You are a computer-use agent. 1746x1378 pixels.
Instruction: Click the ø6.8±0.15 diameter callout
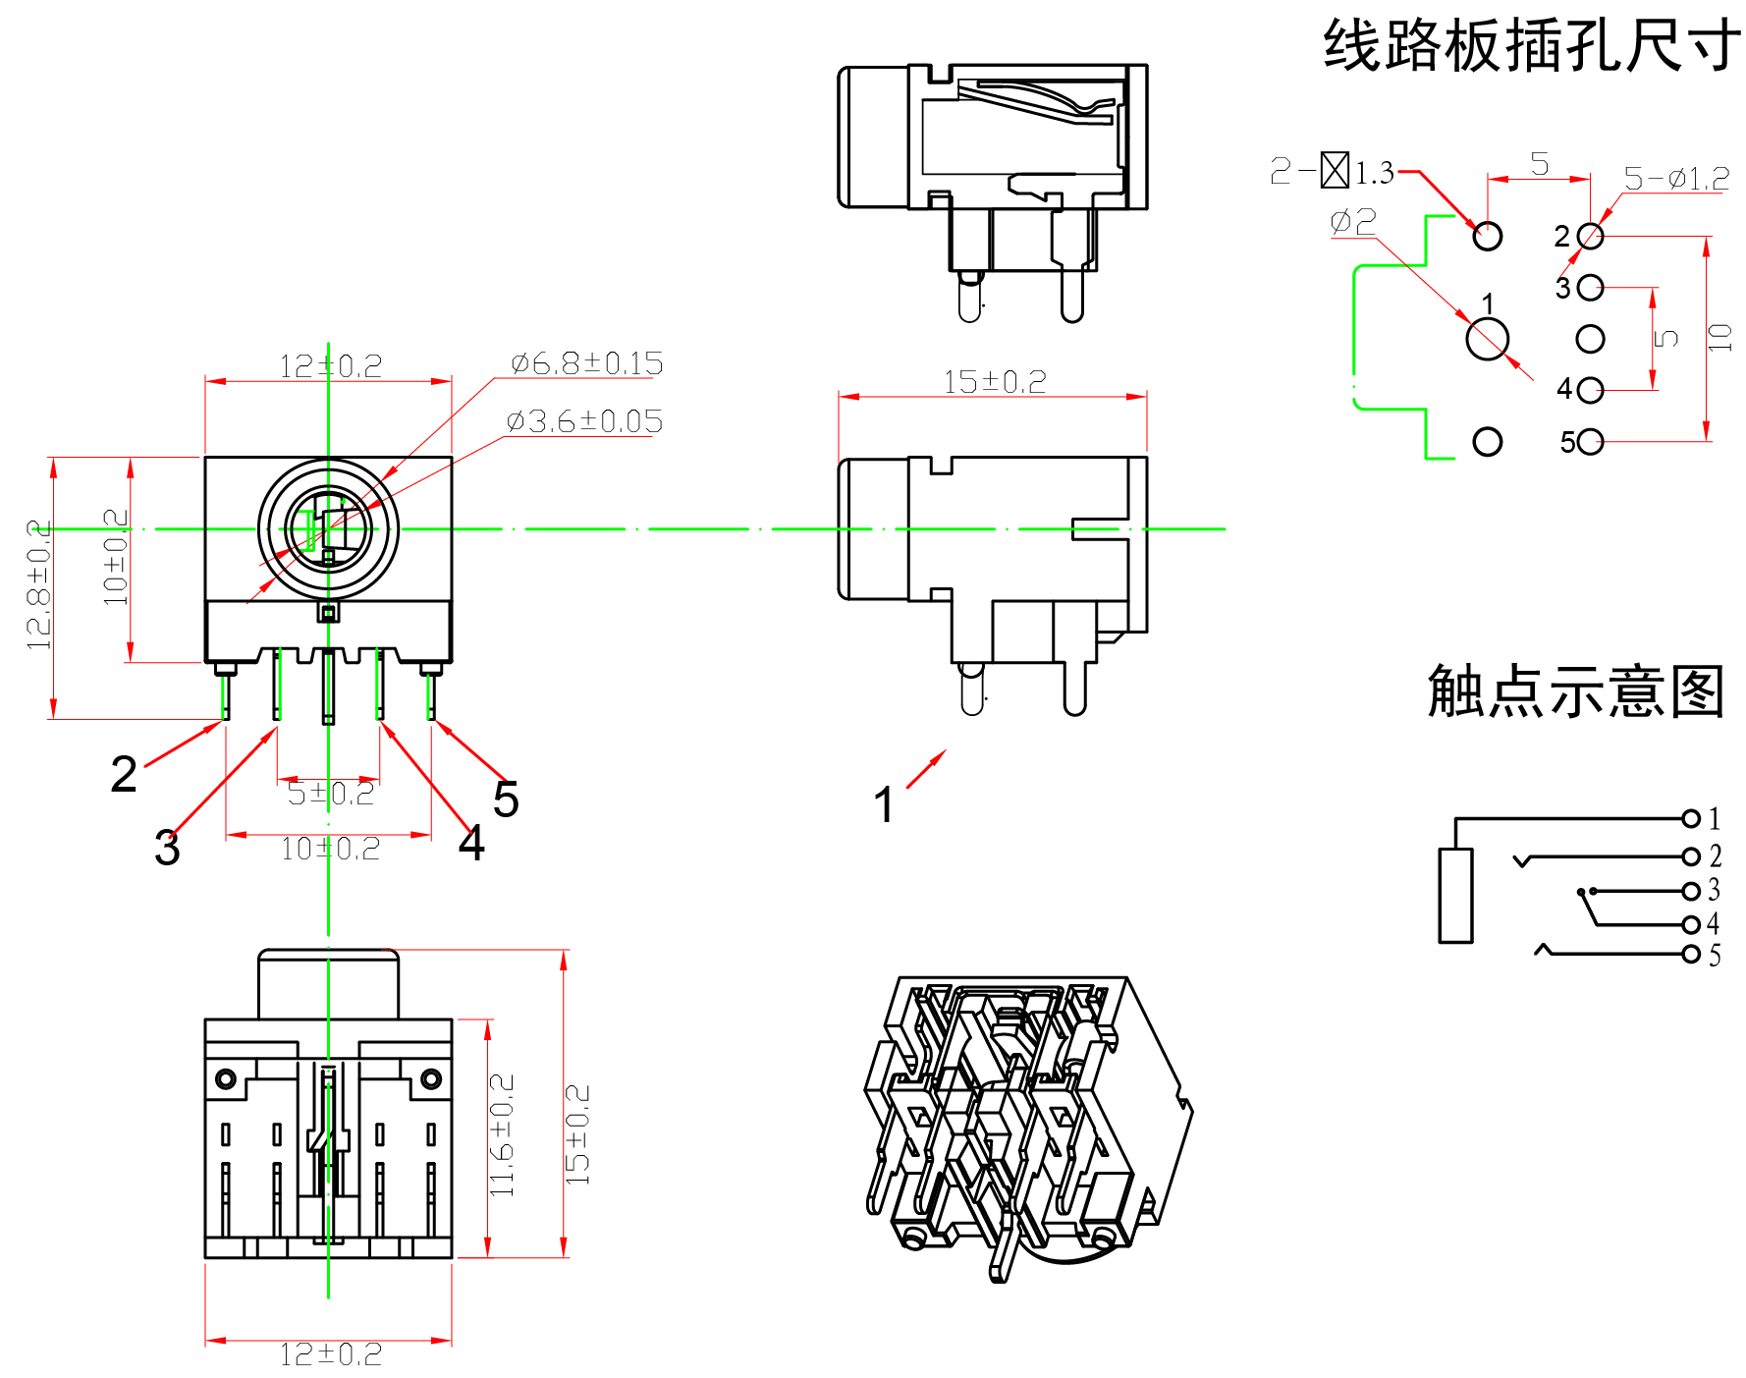[586, 363]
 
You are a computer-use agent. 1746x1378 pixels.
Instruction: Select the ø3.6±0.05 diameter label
[584, 421]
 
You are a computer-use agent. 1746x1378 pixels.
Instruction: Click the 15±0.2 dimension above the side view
[994, 382]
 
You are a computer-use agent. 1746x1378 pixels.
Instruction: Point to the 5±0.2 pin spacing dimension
[330, 794]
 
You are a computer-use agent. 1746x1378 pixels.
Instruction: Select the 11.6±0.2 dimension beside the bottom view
[501, 1134]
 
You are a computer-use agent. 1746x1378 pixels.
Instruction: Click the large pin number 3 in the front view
[167, 848]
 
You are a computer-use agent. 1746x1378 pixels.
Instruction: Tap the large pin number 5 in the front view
[506, 799]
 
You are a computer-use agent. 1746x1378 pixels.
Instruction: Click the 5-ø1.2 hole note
[1675, 179]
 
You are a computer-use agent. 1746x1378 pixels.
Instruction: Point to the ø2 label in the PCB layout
[1352, 221]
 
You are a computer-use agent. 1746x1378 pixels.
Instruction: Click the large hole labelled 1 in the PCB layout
[1487, 340]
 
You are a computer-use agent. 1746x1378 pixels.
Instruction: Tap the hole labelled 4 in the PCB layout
[1591, 390]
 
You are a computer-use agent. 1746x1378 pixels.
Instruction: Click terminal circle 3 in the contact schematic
[1691, 892]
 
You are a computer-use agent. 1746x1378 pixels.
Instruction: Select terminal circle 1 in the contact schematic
[1691, 818]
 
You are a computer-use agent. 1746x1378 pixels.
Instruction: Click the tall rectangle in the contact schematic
[1455, 896]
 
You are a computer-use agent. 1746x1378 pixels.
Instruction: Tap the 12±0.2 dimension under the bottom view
[330, 1355]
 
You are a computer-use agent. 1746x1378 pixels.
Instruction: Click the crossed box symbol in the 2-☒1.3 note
[1335, 170]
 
